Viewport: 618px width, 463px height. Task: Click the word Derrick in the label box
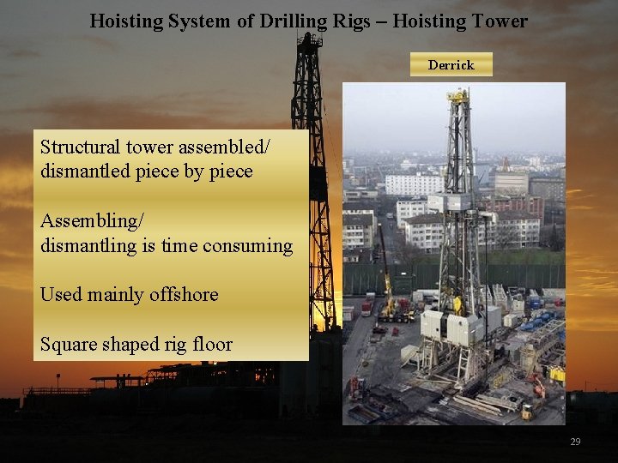pyautogui.click(x=451, y=65)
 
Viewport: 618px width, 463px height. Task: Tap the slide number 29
pyautogui.click(x=575, y=442)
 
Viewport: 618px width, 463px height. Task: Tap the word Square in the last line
pyautogui.click(x=69, y=344)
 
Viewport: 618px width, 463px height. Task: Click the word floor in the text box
pyautogui.click(x=210, y=344)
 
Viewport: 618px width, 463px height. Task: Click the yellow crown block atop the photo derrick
pyautogui.click(x=458, y=96)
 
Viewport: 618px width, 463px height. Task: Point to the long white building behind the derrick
pyautogui.click(x=412, y=183)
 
